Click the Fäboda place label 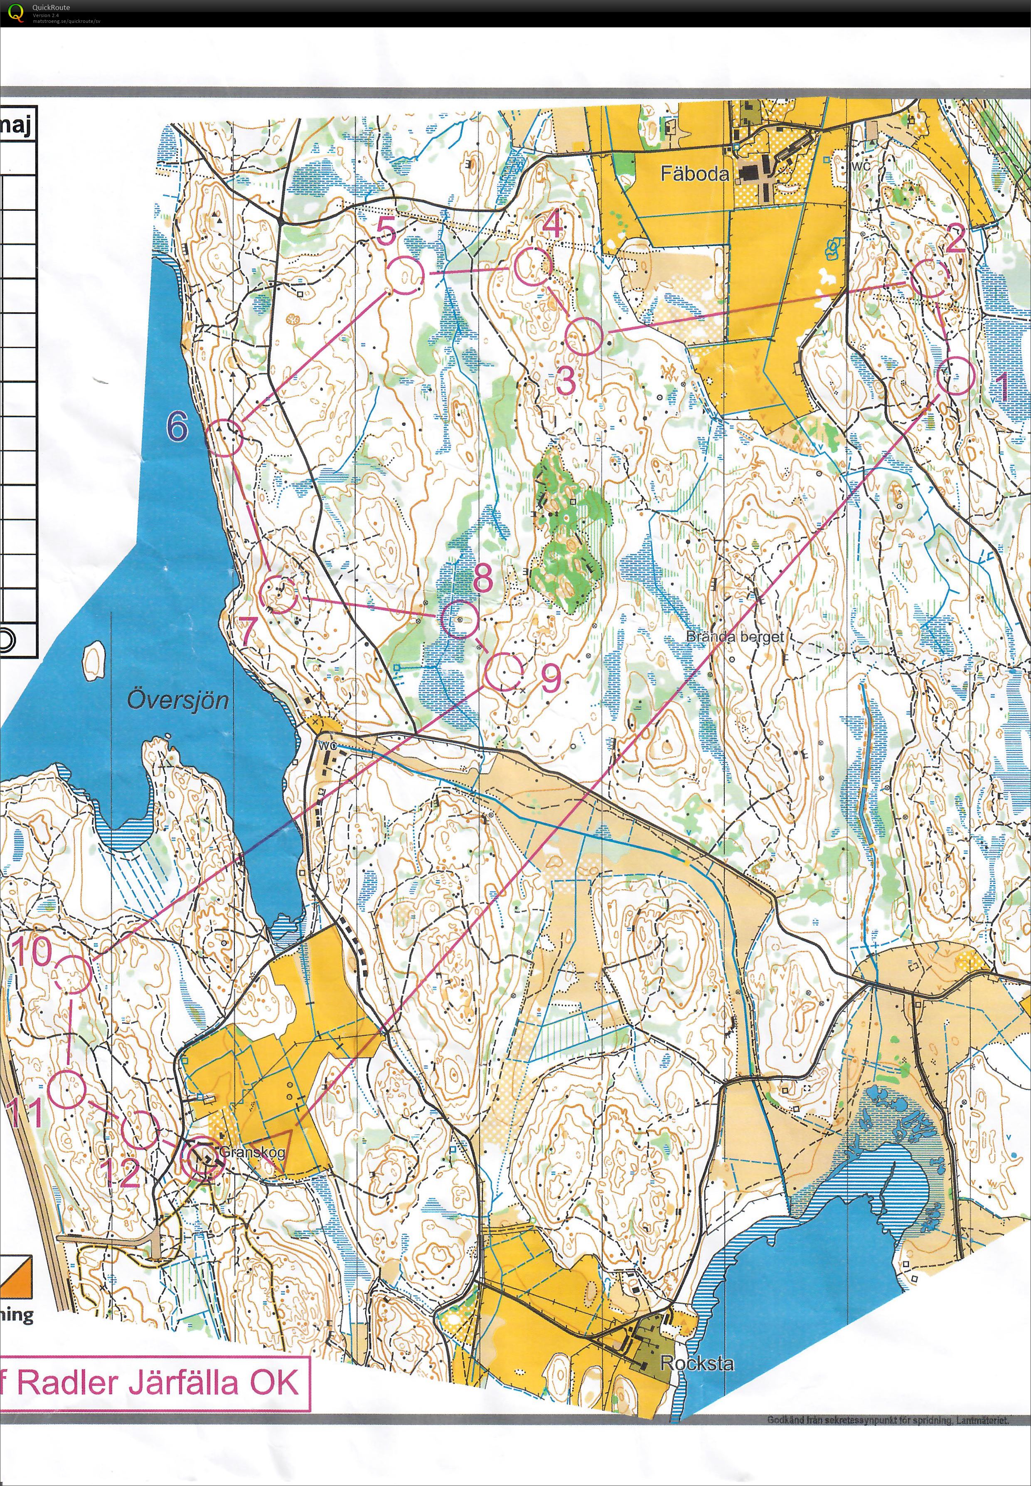tap(694, 173)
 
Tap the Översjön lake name tap(177, 700)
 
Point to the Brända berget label tap(734, 637)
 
